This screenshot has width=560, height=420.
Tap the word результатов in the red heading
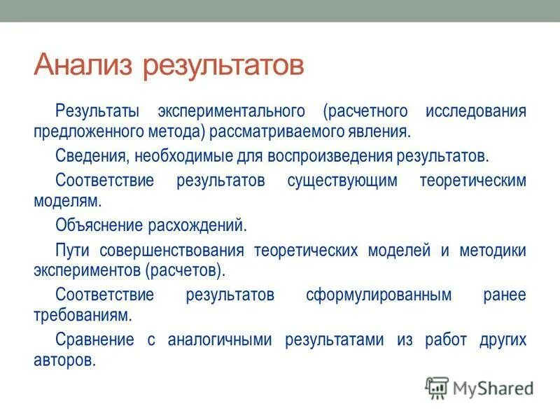(x=223, y=66)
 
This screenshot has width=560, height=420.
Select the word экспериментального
(x=231, y=112)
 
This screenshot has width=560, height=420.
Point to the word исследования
(x=475, y=112)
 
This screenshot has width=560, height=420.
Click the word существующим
(x=342, y=180)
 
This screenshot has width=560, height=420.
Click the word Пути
(x=72, y=250)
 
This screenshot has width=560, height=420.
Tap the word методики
(x=492, y=250)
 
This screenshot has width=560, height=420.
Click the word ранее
(x=504, y=295)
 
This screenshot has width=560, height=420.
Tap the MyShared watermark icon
(x=437, y=387)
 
